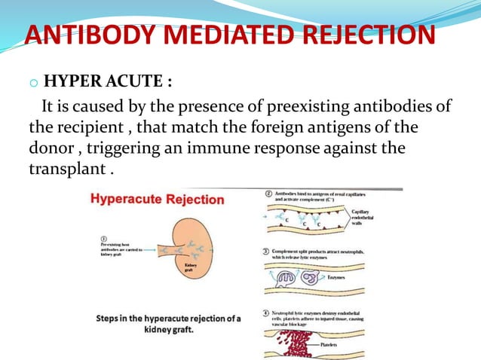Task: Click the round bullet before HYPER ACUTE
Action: tap(35, 82)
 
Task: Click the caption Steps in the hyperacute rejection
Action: tap(167, 323)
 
